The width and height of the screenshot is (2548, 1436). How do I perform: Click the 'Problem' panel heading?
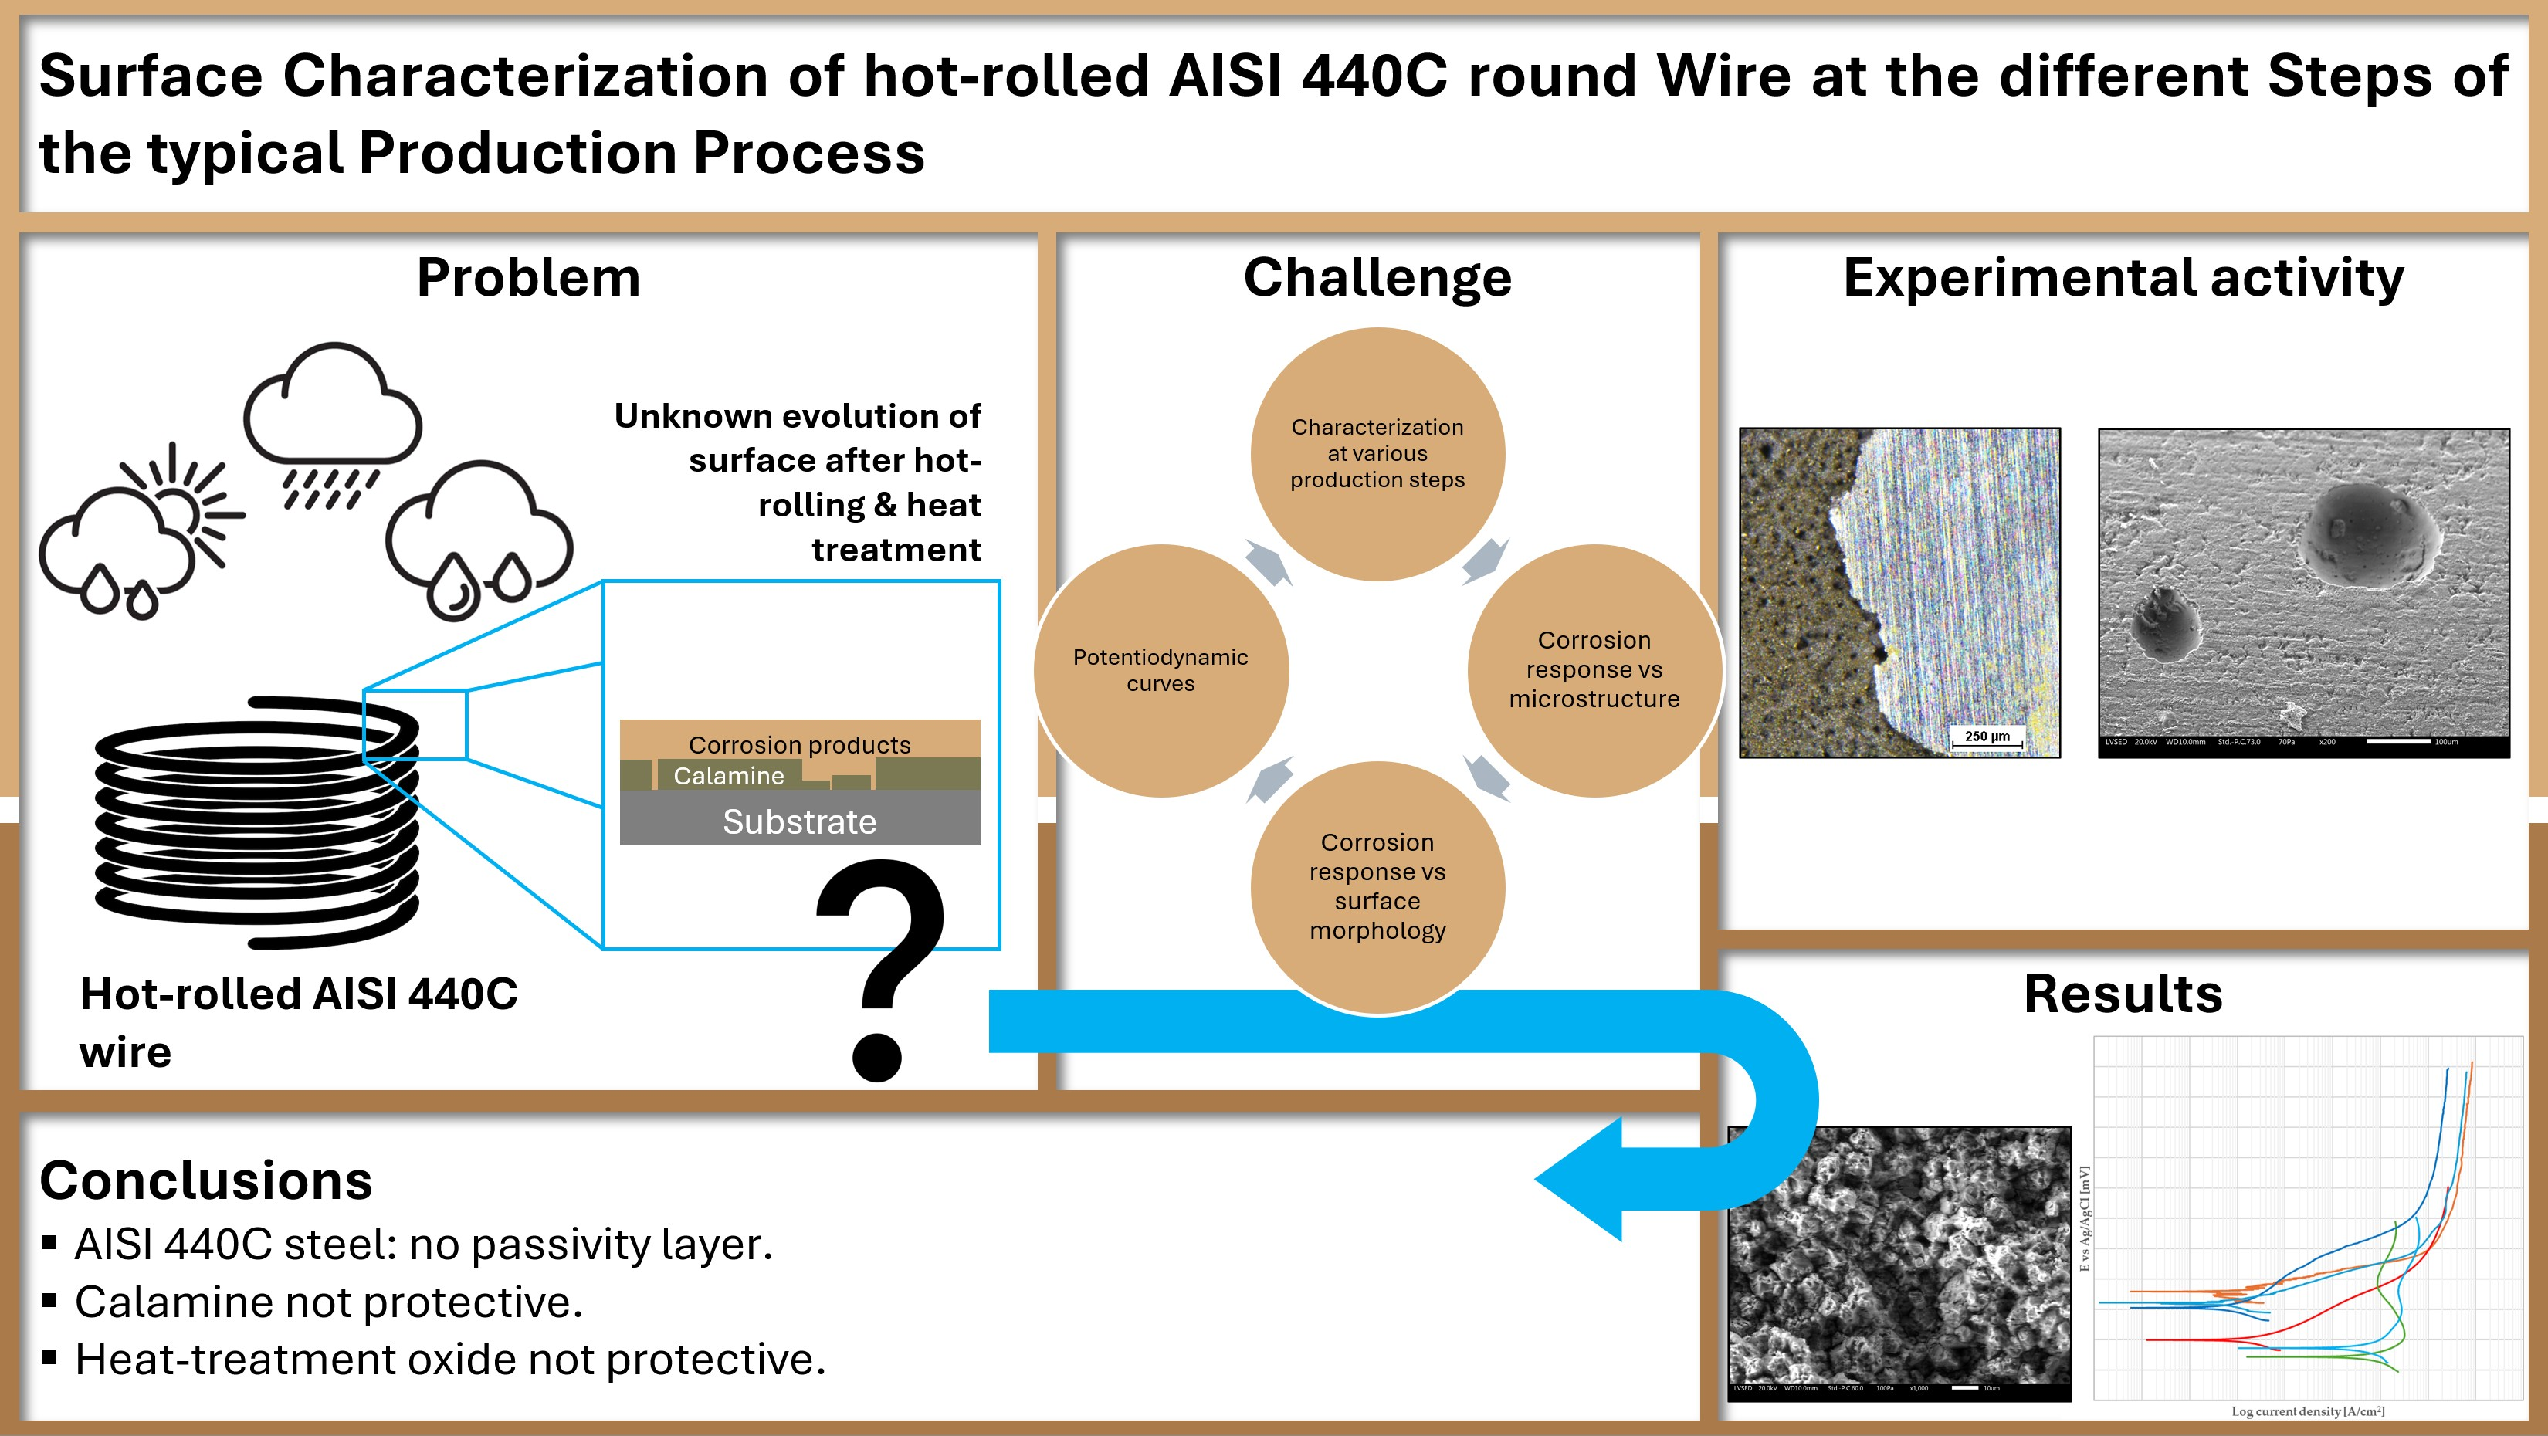pyautogui.click(x=528, y=278)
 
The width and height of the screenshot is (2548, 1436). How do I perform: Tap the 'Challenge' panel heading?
pyautogui.click(x=1377, y=278)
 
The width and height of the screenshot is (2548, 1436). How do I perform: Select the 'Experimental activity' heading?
pyautogui.click(x=2123, y=278)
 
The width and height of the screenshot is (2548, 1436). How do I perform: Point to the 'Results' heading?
pyautogui.click(x=2123, y=994)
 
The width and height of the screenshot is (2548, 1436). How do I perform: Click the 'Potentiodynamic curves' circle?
pyautogui.click(x=1160, y=671)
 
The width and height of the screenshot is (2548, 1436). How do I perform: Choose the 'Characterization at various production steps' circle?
pyautogui.click(x=1377, y=454)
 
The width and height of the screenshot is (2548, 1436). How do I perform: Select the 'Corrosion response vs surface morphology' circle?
pyautogui.click(x=1377, y=886)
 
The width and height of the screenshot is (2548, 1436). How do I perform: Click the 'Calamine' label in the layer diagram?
pyautogui.click(x=728, y=777)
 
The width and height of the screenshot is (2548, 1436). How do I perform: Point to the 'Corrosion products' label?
pyautogui.click(x=799, y=745)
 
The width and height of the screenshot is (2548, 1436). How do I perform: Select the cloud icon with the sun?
pyautogui.click(x=138, y=534)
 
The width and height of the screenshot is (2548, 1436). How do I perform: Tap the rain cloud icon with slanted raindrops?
pyautogui.click(x=332, y=425)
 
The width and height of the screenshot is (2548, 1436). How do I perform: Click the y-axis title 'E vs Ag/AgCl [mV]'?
pyautogui.click(x=2084, y=1218)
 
